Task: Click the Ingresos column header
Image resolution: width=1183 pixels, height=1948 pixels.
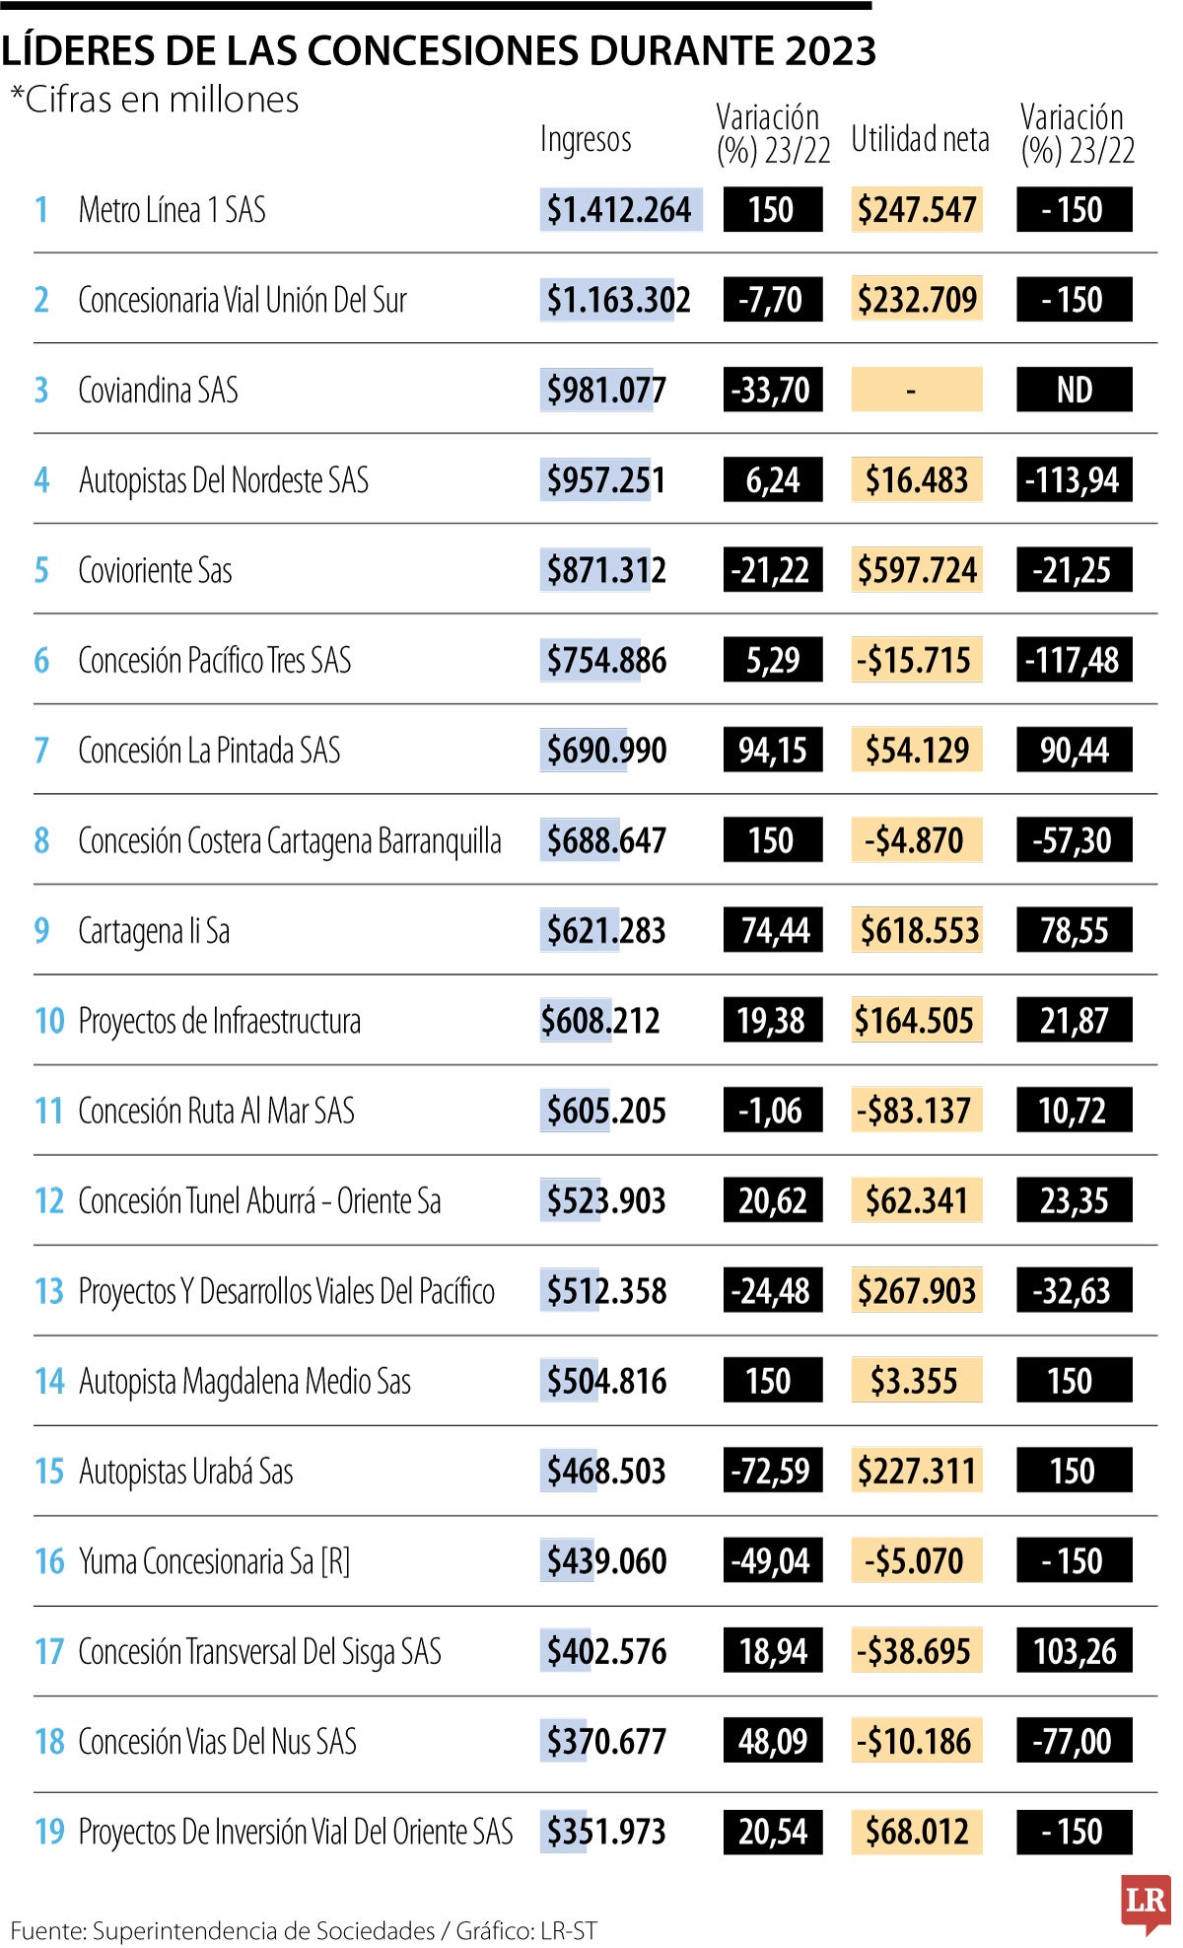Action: click(x=586, y=139)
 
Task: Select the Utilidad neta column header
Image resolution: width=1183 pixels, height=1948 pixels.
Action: click(x=920, y=139)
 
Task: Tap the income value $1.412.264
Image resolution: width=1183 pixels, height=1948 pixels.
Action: click(x=619, y=210)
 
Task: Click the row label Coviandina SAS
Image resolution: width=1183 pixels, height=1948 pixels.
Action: click(x=158, y=391)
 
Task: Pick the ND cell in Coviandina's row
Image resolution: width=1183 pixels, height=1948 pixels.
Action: click(x=1074, y=391)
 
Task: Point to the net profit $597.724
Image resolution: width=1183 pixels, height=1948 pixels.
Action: click(x=917, y=571)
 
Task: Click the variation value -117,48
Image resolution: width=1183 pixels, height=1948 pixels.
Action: click(x=1074, y=661)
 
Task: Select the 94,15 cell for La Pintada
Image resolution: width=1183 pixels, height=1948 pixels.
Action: click(x=773, y=751)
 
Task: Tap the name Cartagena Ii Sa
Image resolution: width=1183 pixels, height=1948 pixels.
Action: click(x=154, y=931)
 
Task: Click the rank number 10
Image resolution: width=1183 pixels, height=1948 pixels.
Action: click(x=49, y=1021)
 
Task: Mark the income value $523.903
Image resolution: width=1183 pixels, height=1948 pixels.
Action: click(x=606, y=1201)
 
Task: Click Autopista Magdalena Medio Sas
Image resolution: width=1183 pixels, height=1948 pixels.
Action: click(x=244, y=1382)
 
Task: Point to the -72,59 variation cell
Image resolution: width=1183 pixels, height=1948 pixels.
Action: click(x=773, y=1472)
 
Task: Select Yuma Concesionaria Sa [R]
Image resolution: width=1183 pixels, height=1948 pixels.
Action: click(x=214, y=1562)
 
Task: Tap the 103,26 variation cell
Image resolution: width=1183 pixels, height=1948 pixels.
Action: click(x=1074, y=1652)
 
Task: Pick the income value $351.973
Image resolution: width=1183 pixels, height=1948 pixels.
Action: click(x=606, y=1833)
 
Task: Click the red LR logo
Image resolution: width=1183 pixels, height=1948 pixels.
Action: click(x=1146, y=1901)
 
